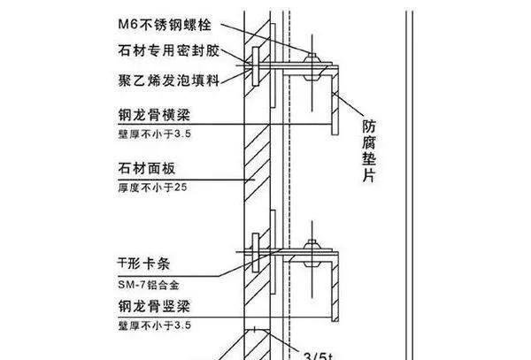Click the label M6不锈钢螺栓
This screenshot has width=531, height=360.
coord(165,25)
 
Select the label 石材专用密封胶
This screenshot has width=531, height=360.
coord(169,50)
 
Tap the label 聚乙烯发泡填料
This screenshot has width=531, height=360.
coord(169,80)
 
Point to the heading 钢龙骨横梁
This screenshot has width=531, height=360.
coord(154,115)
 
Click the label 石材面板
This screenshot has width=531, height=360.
coord(147,168)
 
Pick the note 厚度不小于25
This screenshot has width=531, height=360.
coord(152,188)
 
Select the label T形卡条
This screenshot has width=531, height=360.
coord(143,264)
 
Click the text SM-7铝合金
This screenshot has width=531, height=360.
coord(149,285)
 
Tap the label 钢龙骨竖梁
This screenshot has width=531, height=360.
coord(154,306)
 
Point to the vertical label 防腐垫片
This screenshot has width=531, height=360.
coord(369,151)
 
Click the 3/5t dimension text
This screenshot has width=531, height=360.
coord(319,356)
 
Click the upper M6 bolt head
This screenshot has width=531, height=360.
coord(312,58)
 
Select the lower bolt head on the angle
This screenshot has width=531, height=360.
coord(312,245)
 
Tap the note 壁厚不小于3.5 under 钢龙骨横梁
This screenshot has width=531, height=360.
coord(154,134)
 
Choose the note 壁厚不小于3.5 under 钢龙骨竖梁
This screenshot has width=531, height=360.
coord(154,326)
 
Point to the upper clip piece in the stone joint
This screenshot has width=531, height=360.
coord(256,66)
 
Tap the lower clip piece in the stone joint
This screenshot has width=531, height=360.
coord(256,253)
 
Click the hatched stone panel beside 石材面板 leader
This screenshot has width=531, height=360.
coord(257,164)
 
